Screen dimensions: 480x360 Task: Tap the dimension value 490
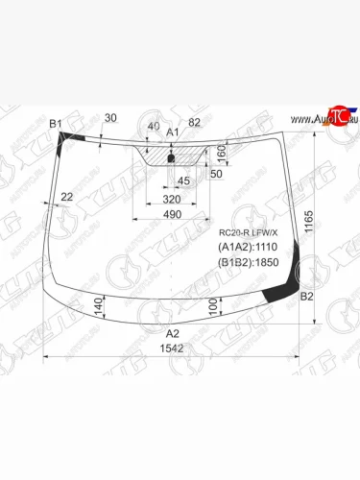(173, 214)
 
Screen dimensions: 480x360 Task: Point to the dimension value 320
(173, 199)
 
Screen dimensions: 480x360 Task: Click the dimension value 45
(182, 180)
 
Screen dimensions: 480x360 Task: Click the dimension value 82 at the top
(195, 122)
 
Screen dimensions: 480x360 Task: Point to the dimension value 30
(110, 118)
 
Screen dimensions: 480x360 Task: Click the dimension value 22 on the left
(65, 197)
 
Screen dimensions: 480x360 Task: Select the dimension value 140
(99, 306)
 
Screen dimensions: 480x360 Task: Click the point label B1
(56, 124)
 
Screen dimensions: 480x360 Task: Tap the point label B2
(306, 297)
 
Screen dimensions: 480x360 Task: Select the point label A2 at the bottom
(172, 333)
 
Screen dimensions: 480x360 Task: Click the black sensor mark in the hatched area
(171, 158)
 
